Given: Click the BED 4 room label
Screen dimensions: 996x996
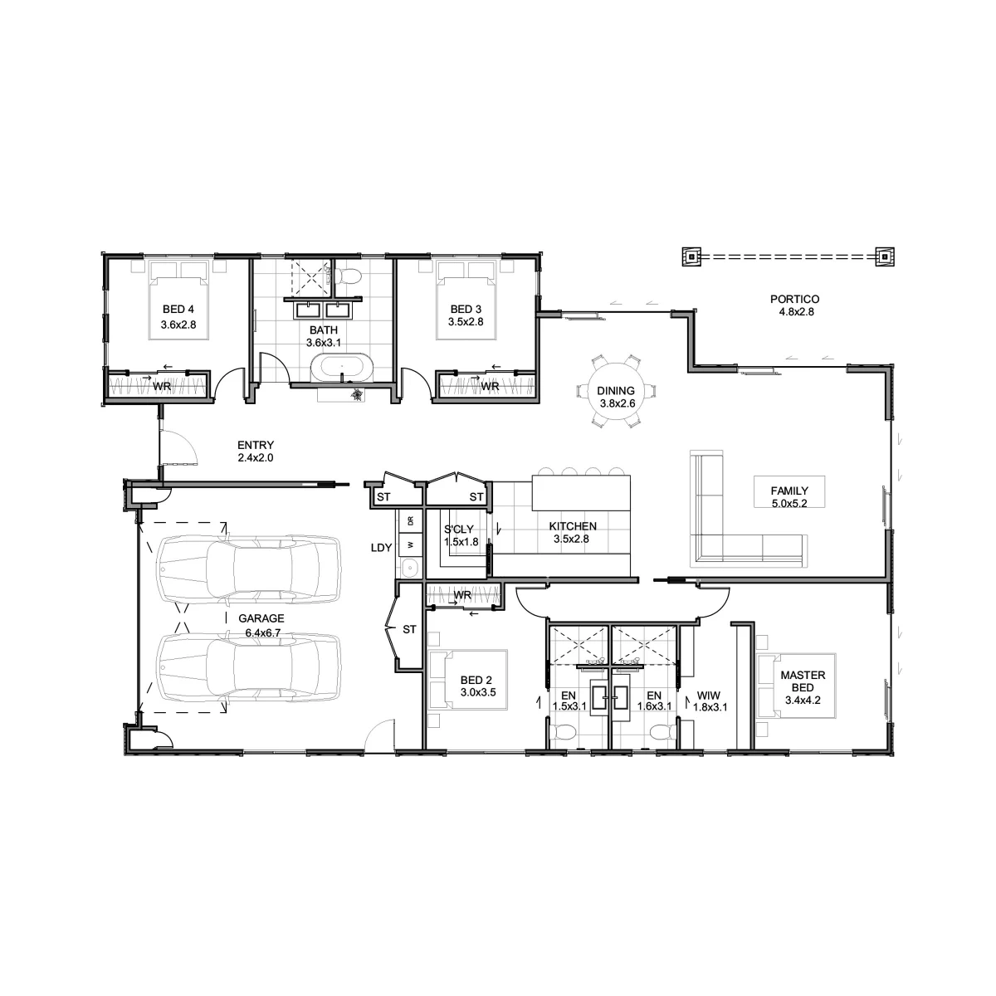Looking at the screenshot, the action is coord(178,309).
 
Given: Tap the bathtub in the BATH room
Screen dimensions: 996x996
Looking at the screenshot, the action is coord(341,368).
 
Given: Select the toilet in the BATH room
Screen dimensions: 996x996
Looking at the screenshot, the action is coord(347,276).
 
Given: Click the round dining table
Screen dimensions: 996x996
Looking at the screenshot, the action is coord(616,391).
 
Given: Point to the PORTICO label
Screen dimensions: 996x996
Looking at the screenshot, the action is coord(794,299).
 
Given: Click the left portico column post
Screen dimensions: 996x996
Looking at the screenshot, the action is coord(691,256).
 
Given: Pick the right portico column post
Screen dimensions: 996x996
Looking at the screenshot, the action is coord(885,256).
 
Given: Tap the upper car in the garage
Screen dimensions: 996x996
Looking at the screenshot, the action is coord(249,569).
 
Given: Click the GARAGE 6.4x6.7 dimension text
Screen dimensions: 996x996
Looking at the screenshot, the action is coord(262,632).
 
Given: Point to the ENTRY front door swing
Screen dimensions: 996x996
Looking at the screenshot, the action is coord(178,447).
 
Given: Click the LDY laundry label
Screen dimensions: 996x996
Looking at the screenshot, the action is coord(382,548).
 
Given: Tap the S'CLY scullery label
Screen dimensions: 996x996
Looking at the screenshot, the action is coord(459,530).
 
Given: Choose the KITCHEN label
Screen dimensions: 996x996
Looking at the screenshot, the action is coord(573,526).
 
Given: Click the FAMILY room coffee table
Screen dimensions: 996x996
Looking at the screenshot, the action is coord(789,491).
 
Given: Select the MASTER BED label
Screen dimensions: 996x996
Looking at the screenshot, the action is coord(803,681).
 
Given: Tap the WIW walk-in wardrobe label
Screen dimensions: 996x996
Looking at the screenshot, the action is coord(709,696).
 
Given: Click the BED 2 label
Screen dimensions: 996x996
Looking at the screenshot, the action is coord(476,681).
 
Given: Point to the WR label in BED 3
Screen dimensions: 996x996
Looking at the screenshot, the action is coord(490,386).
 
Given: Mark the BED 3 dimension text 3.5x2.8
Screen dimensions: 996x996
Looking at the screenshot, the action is coord(466,321).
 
